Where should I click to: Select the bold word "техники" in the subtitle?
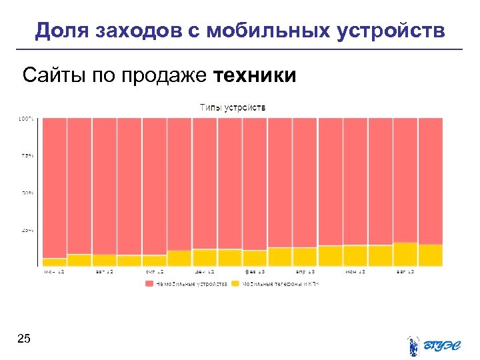pos(255,75)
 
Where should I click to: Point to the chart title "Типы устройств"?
pos(233,107)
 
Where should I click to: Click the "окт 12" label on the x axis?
pos(155,272)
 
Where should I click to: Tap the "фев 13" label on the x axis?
pos(255,272)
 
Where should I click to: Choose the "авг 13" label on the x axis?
pos(405,272)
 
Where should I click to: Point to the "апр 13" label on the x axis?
pos(305,272)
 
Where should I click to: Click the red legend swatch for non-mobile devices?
pos(149,284)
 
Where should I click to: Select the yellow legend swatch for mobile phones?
pos(235,284)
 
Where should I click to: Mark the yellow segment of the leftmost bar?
pos(55,262)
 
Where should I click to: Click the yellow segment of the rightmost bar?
pos(431,255)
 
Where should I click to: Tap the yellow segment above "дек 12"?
pos(205,258)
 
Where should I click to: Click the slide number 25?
pos(23,340)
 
